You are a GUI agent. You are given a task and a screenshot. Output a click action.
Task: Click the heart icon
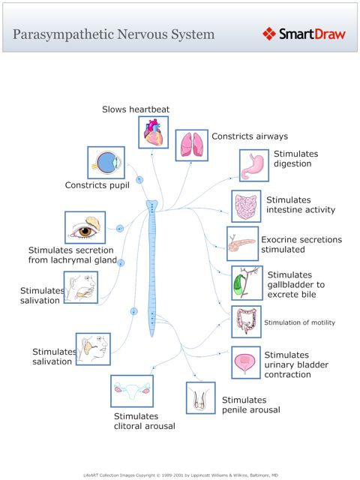point(154,133)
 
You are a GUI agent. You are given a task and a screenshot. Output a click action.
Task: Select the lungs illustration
point(191,145)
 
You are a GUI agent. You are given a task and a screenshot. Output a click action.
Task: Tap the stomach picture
point(254,165)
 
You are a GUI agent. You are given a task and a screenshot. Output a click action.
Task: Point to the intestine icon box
point(245,205)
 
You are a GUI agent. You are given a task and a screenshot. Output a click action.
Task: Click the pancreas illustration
point(242,244)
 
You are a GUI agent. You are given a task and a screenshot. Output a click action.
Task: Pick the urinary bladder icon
point(246,362)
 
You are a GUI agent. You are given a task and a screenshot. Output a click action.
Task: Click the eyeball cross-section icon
point(106,162)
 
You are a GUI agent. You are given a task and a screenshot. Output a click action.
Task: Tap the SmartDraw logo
point(304,34)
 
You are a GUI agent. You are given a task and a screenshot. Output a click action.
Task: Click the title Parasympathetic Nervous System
point(113,34)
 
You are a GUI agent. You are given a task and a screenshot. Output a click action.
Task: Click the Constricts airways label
point(250,136)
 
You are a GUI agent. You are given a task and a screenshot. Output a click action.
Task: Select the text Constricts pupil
point(97,185)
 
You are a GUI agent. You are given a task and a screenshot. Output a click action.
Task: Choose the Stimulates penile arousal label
point(250,405)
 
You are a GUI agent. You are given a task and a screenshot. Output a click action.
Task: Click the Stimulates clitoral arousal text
point(144,421)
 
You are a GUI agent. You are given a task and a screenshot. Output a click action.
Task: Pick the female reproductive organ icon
point(131,391)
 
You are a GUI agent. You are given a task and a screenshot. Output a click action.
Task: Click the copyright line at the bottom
point(180,474)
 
